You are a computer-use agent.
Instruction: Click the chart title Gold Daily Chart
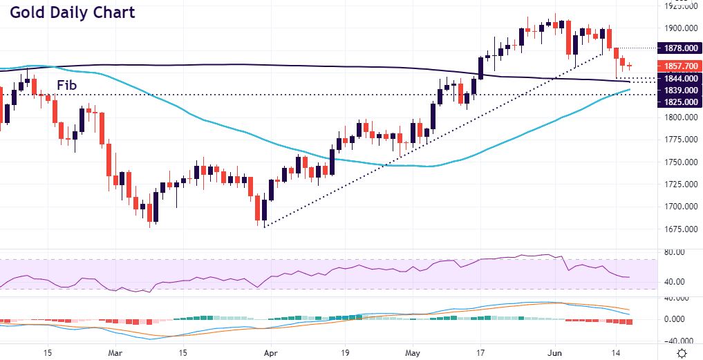pos(72,13)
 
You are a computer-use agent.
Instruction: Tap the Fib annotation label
pos(66,86)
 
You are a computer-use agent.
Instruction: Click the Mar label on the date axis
pos(115,351)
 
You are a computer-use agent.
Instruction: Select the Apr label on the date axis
pos(269,351)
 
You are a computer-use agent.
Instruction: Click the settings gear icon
pos(682,352)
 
